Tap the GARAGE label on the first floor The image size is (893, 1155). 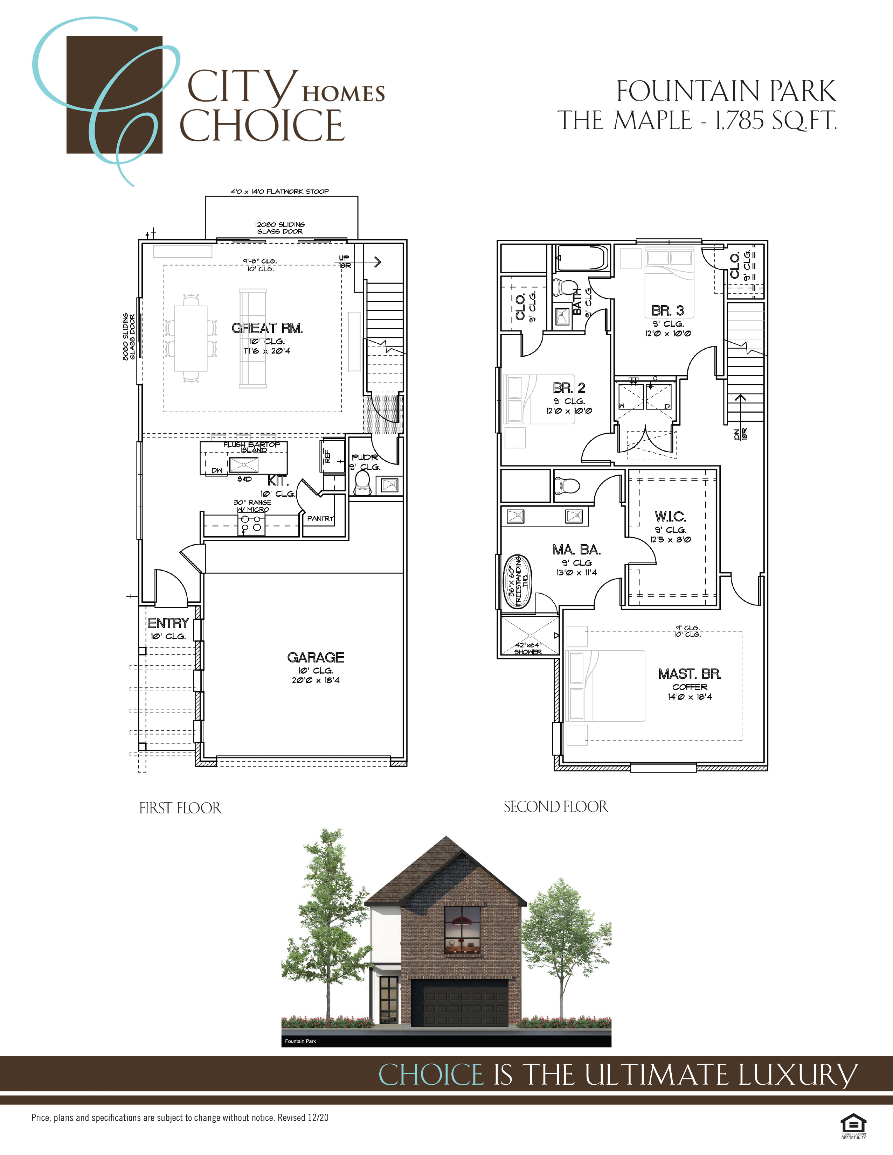(316, 657)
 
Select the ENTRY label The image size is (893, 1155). (168, 623)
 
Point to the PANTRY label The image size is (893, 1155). (320, 518)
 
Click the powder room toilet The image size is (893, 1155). (362, 482)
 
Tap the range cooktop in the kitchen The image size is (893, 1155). (251, 524)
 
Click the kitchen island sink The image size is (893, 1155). (244, 465)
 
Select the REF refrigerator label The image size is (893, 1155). (327, 456)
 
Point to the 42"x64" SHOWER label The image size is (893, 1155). (528, 648)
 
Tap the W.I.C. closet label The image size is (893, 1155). (670, 517)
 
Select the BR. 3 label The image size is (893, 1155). (667, 310)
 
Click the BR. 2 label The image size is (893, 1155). (569, 388)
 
